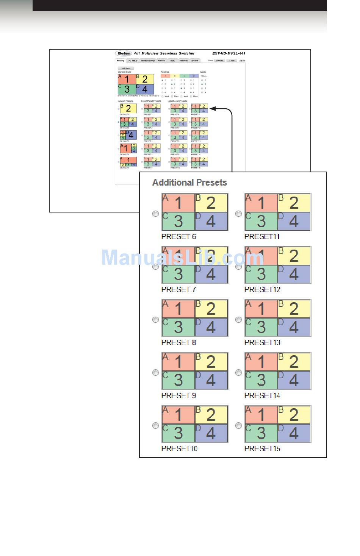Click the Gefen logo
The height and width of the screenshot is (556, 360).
point(124,53)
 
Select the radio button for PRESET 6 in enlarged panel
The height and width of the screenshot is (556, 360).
point(155,214)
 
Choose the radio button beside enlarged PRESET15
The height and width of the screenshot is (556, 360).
point(238,426)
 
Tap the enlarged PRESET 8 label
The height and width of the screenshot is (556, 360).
point(178,342)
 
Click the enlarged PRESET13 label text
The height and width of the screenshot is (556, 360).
point(262,342)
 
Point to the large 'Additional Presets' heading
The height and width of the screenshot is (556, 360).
point(189,183)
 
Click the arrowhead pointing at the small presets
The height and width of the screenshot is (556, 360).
point(213,109)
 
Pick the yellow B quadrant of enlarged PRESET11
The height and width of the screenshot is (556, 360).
point(294,203)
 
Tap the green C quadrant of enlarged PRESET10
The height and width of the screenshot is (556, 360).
point(178,433)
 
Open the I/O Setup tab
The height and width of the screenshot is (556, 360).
point(133,61)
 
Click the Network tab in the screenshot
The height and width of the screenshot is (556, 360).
point(183,61)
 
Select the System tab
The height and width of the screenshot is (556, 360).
point(194,61)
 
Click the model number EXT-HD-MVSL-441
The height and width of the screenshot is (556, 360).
point(229,53)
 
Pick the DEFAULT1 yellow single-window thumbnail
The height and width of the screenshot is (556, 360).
point(128,108)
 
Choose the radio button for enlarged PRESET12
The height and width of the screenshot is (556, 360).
point(238,267)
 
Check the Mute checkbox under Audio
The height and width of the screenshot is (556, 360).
point(202,76)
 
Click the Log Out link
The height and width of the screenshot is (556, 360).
point(242,61)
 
